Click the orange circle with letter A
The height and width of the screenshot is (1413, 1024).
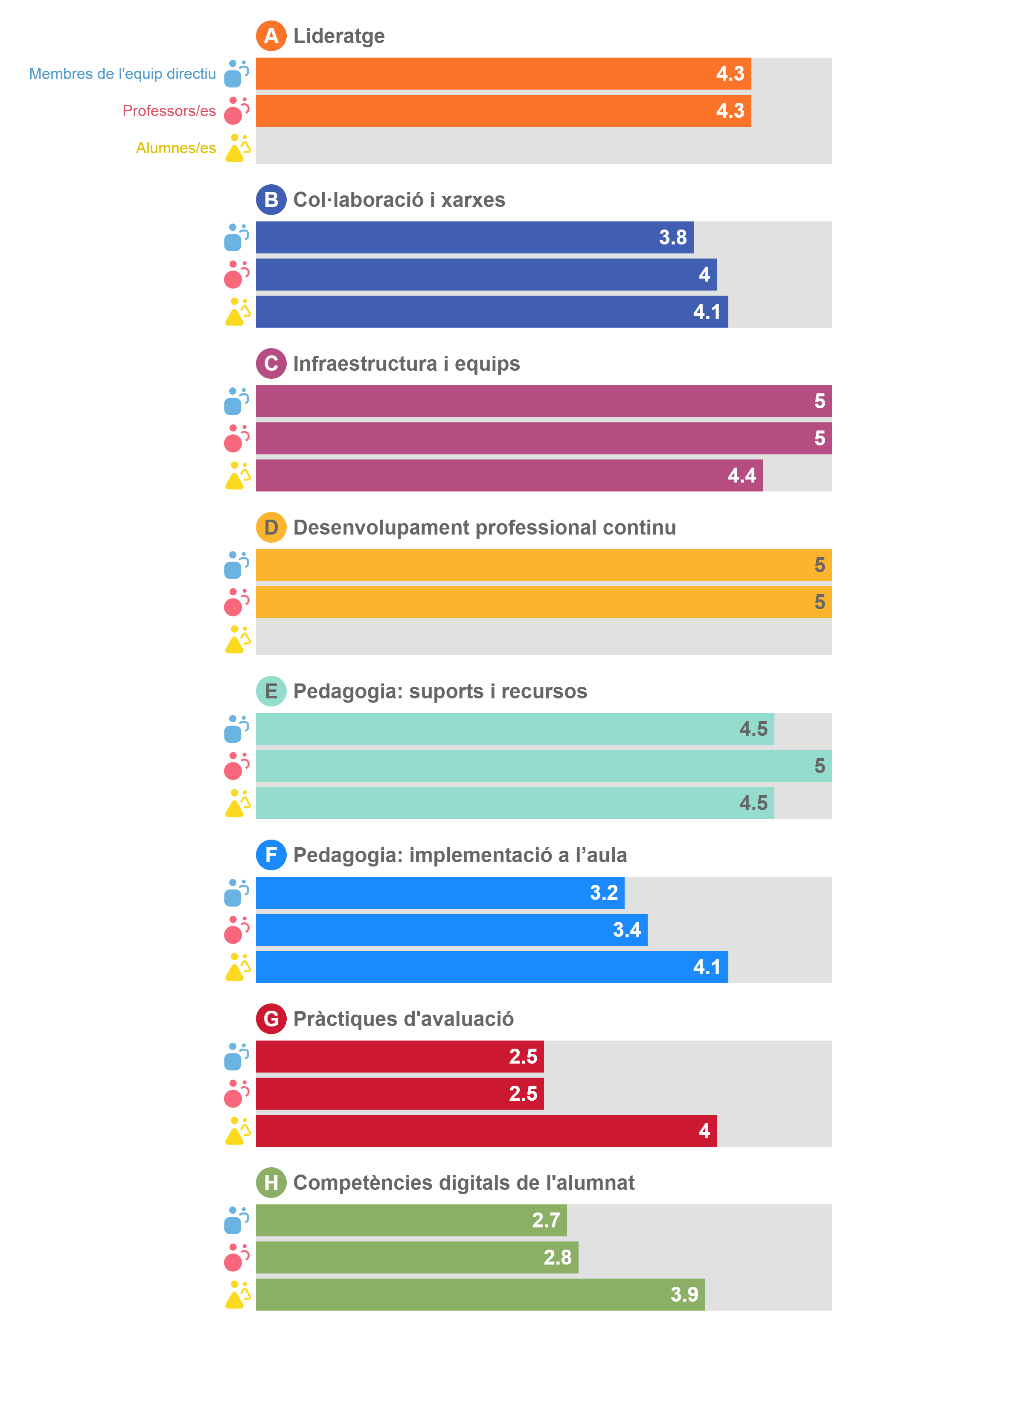(271, 35)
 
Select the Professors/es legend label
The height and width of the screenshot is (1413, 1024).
(169, 111)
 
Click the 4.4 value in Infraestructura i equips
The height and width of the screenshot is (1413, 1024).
(742, 475)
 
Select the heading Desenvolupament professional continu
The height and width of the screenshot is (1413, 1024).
(484, 528)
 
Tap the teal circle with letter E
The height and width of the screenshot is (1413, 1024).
(271, 691)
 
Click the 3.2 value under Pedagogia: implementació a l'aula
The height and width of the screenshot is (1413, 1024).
(603, 893)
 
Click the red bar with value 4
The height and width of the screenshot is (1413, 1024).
(486, 1131)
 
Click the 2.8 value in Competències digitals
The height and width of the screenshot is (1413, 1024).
(557, 1257)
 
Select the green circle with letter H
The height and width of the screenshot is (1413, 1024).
(271, 1183)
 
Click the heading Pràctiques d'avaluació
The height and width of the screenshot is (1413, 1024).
(403, 1019)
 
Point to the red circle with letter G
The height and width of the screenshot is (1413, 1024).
(271, 1019)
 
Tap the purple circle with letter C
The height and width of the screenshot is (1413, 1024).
(271, 363)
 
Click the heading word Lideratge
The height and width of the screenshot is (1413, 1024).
(339, 36)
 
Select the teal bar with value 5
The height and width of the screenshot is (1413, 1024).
(544, 766)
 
